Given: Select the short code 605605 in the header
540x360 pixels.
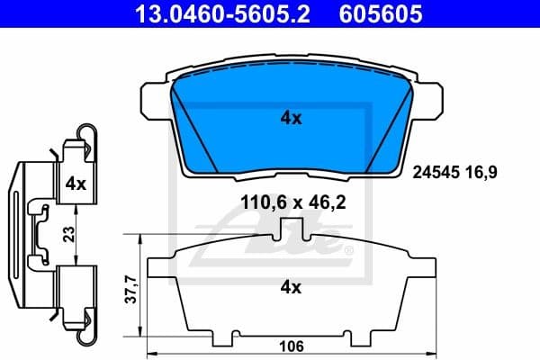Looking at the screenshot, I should pos(368,14).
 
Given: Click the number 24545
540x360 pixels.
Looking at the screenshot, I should pos(436,168).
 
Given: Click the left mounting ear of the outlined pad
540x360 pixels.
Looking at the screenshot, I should pos(162,267).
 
